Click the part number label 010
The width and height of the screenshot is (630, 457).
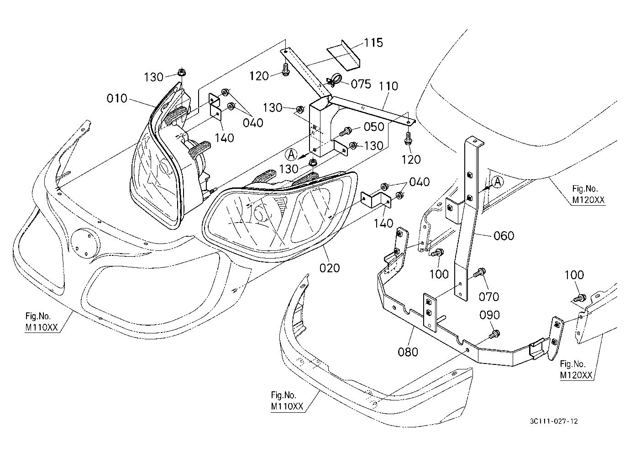(x=117, y=99)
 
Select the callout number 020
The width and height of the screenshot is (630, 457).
(x=329, y=268)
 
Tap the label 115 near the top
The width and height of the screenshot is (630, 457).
(x=373, y=43)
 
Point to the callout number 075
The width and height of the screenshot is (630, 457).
(x=361, y=84)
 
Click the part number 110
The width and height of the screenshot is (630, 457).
(x=388, y=86)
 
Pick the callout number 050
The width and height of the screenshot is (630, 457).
(x=374, y=127)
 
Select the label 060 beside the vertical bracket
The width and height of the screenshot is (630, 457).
(x=504, y=235)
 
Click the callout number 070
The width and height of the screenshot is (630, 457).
(x=489, y=296)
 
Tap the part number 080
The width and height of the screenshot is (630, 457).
(x=408, y=352)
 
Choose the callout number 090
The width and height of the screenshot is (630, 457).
(x=490, y=315)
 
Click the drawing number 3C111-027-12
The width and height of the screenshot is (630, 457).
(x=554, y=421)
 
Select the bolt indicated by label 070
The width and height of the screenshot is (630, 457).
(x=480, y=272)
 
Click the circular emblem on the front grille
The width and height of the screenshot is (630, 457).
(x=85, y=244)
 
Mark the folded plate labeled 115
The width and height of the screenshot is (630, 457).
(x=344, y=55)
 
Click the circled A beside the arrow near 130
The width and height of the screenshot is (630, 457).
(x=291, y=155)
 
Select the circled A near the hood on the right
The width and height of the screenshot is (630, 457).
(x=498, y=182)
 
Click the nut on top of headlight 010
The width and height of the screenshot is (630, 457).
(x=182, y=73)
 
